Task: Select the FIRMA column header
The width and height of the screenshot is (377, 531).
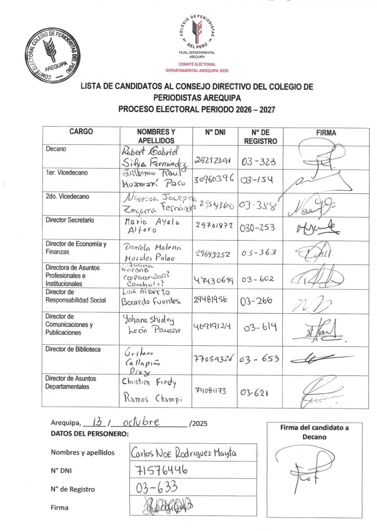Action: pos(326,133)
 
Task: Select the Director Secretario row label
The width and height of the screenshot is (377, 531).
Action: pos(70,220)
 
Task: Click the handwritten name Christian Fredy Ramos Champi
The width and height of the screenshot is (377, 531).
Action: pos(150,391)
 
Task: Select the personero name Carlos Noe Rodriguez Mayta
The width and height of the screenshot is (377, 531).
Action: pos(184,453)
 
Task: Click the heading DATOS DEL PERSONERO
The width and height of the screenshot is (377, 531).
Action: pos(89,434)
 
